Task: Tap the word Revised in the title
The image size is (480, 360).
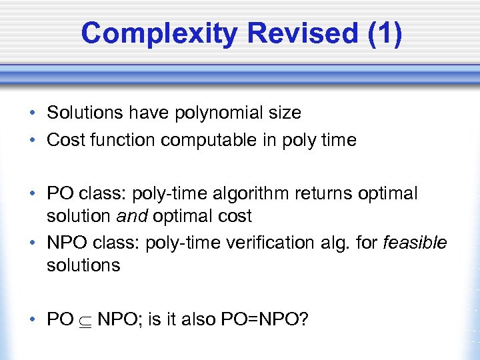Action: coord(296,34)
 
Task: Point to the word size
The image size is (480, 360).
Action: coord(286,113)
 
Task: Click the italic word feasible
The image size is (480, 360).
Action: coord(415,243)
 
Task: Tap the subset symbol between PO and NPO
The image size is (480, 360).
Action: coord(85,320)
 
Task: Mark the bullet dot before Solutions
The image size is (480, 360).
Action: coord(33,113)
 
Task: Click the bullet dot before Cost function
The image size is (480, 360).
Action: coord(33,140)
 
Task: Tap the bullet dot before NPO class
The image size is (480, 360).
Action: coord(33,243)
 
